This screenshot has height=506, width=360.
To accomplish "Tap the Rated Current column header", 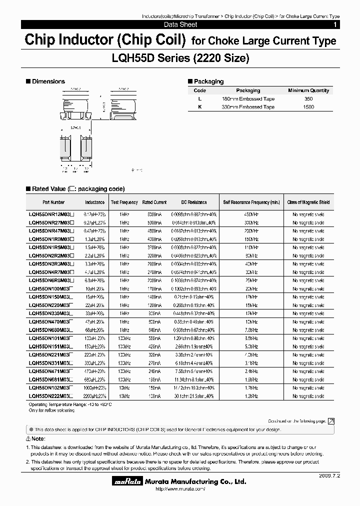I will tap(154, 202).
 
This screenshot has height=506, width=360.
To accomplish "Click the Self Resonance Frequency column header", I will tap(251, 202).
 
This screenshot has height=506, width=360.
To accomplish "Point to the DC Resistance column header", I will tap(194, 202).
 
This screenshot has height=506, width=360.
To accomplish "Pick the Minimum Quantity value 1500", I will tap(308, 107).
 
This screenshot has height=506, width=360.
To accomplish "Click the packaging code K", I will tap(199, 107).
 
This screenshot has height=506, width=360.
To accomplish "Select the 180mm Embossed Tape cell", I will tap(248, 99).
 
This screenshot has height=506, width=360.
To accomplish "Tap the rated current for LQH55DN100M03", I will tap(154, 288).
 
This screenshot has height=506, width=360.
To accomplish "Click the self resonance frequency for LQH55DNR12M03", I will tap(251, 214).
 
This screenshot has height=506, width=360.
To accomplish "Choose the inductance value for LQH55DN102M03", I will tap(94, 387).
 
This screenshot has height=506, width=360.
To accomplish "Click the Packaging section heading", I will tap(208, 81).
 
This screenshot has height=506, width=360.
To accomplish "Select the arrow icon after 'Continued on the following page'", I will tap(331, 421).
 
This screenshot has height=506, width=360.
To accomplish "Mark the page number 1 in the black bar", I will tap(335, 24).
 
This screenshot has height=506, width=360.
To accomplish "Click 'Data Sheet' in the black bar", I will tap(180, 24).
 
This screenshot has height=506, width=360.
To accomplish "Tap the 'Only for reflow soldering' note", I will tap(51, 410).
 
